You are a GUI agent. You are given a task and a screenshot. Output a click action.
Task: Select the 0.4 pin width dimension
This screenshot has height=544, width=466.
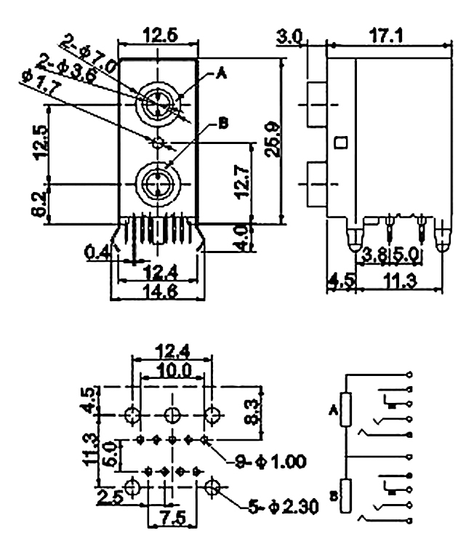point(96,252)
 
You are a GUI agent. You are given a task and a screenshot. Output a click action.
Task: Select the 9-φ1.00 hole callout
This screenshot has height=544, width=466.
point(269,460)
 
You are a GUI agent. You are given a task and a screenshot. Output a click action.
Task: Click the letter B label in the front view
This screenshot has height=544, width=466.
point(223,124)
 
